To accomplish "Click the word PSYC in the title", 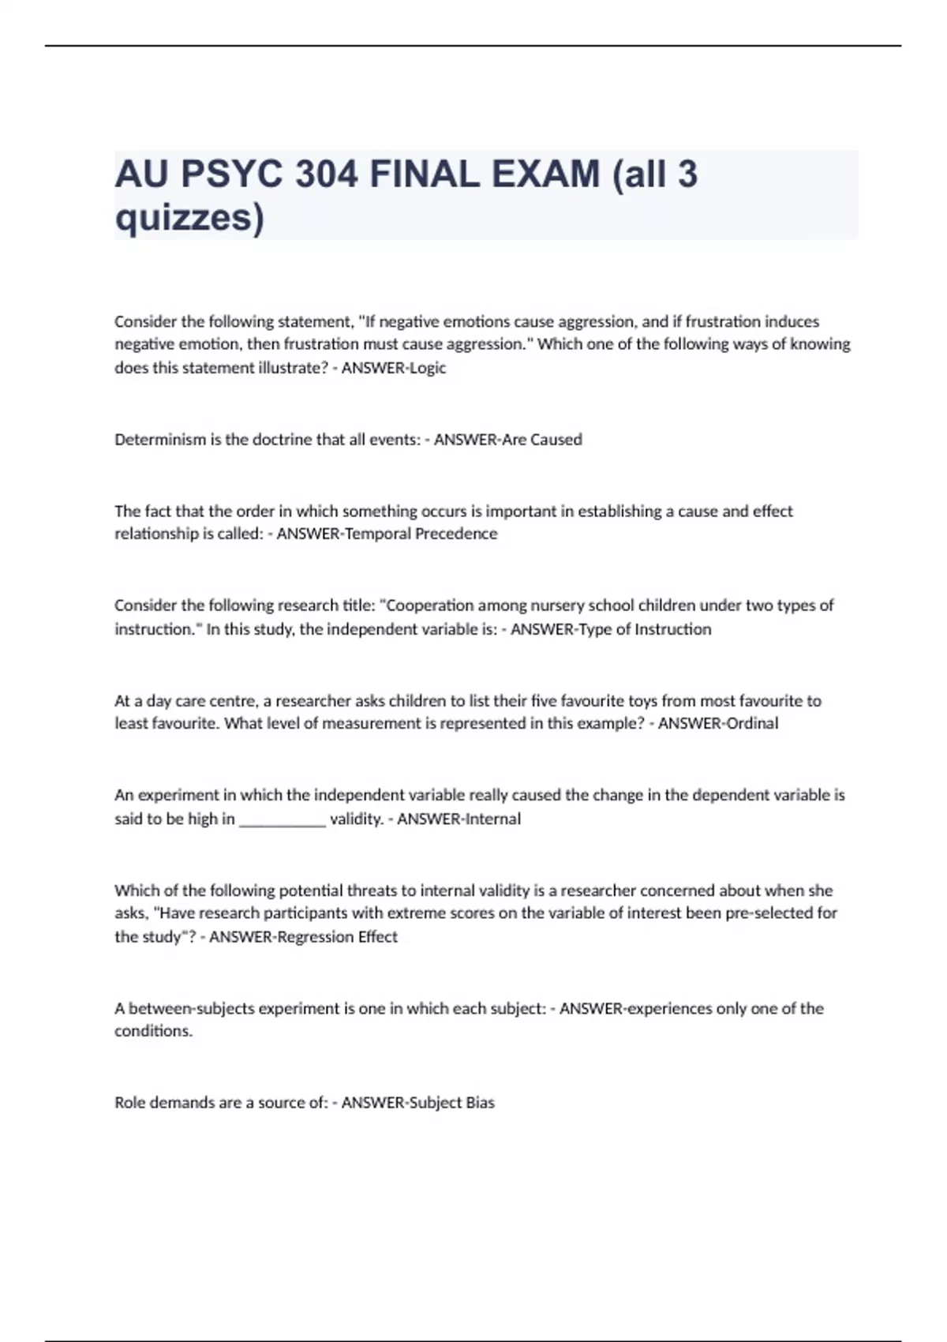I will coord(231,174).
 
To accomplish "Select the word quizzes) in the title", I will coord(189,217).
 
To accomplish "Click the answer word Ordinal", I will coord(744,723).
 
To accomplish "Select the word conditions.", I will coord(153,1031).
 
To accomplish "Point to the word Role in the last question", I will coord(129,1103).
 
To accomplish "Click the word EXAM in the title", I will coord(545,174).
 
